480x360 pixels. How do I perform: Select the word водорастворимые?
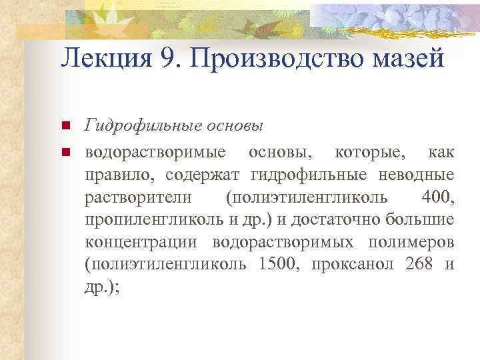click(x=159, y=153)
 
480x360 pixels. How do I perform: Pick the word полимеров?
click(x=414, y=241)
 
